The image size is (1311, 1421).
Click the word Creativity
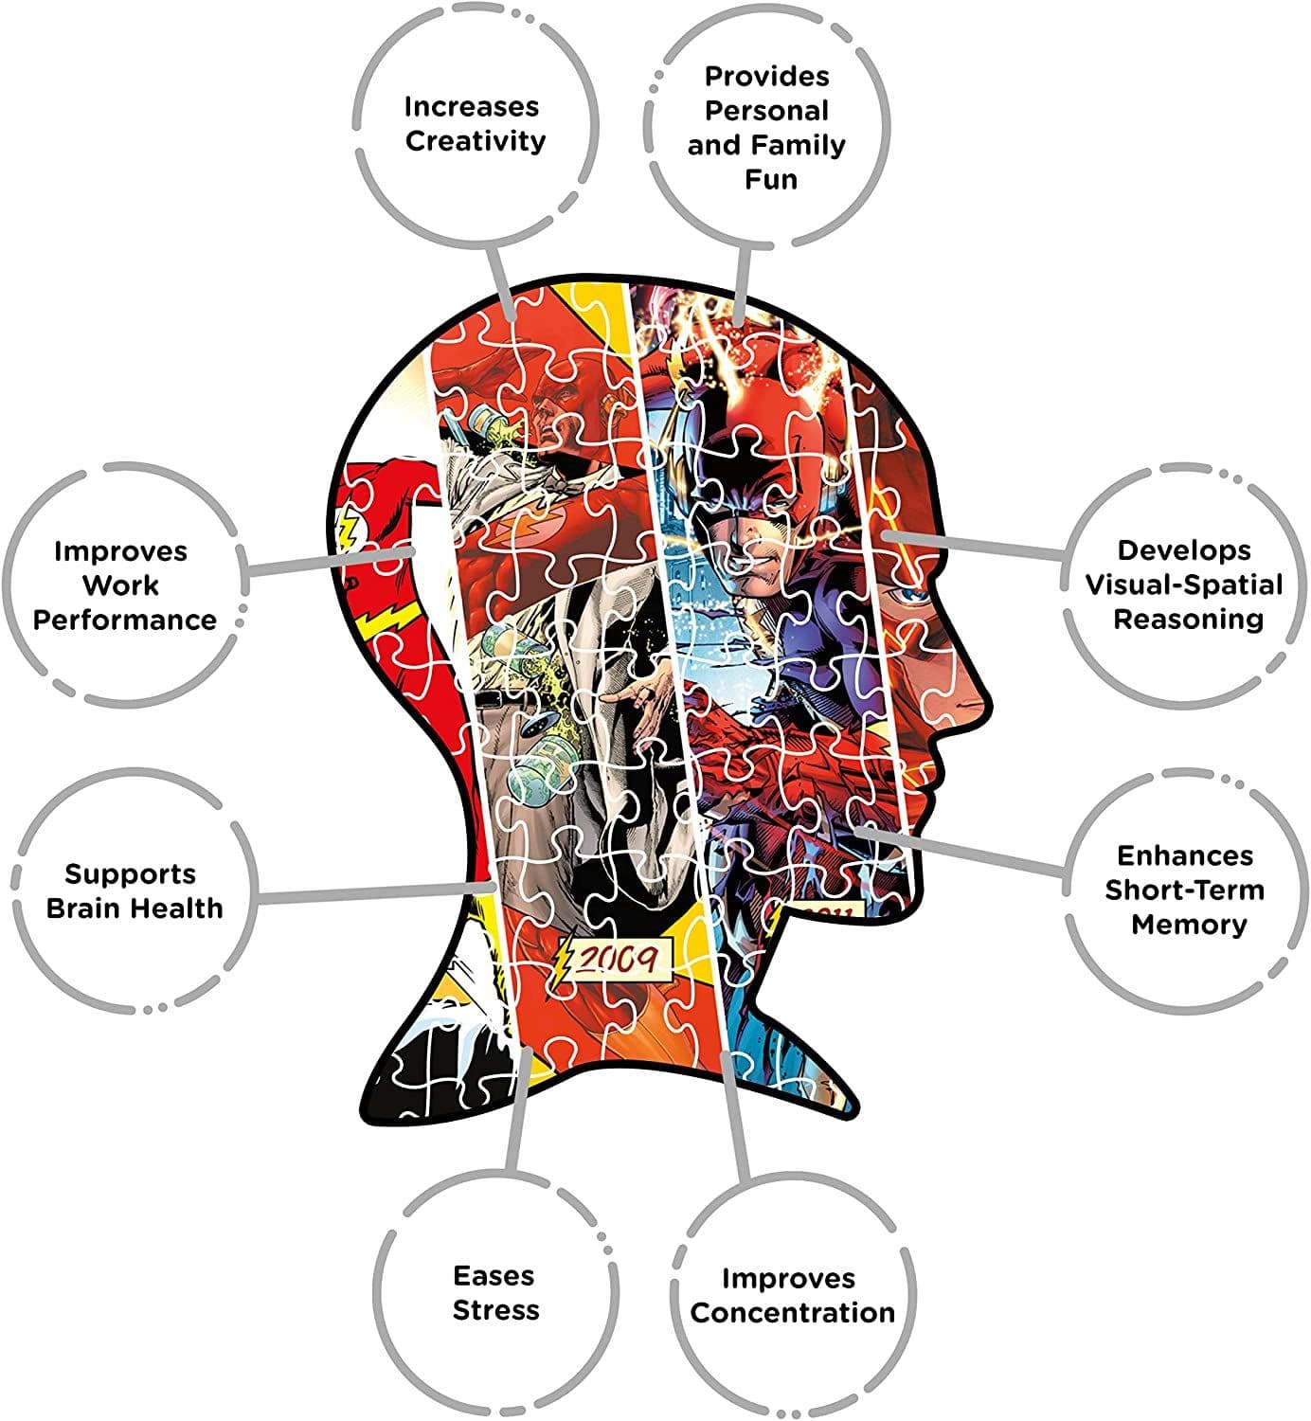click(476, 142)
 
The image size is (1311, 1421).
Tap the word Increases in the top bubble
click(472, 107)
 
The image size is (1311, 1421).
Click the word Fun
click(771, 179)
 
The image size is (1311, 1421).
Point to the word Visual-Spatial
click(1184, 585)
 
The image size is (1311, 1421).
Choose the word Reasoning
click(1189, 620)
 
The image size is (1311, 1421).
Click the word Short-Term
click(1185, 890)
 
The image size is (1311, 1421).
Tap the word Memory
click(1190, 926)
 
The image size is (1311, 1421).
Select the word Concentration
click(793, 1313)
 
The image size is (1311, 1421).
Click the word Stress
click(496, 1310)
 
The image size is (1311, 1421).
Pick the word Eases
click(494, 1276)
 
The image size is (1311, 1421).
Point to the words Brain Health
click(135, 908)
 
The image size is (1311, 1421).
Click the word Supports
click(130, 874)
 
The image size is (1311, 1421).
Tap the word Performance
click(124, 621)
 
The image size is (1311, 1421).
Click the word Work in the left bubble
click(120, 585)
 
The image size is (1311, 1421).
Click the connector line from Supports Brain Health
click(376, 893)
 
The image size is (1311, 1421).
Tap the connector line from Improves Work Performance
click(331, 561)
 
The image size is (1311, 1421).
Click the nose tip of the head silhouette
click(989, 699)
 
